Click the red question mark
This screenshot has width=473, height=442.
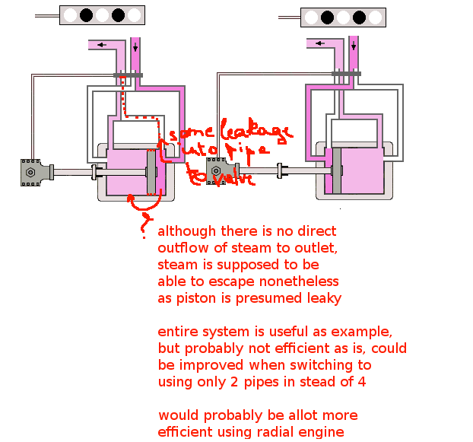point(142,226)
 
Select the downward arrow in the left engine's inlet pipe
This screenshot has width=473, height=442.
point(135,47)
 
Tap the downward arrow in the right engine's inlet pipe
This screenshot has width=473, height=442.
point(353,47)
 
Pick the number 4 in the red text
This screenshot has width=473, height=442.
point(361,382)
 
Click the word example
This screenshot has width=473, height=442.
point(361,332)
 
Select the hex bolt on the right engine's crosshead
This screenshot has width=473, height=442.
point(217,172)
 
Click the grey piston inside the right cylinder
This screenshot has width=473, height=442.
point(337,172)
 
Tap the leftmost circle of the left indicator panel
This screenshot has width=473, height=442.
point(70,14)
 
